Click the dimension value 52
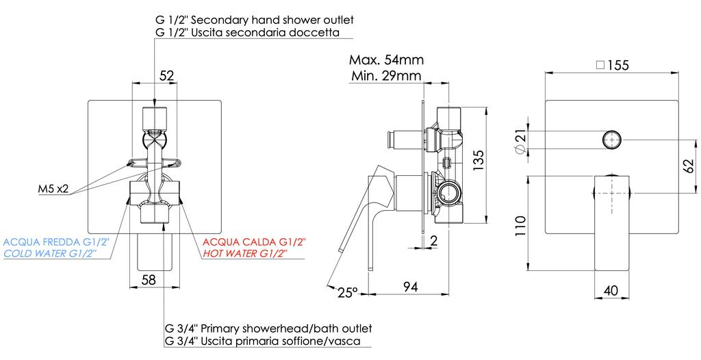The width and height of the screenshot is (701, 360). (x=167, y=76)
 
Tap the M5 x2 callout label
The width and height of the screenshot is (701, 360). (x=53, y=190)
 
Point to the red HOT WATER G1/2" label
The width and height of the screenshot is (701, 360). (x=244, y=253)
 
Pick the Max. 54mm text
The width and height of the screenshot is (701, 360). (x=385, y=60)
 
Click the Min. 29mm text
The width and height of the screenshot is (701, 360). (x=385, y=75)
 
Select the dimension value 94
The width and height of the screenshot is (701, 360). (x=411, y=287)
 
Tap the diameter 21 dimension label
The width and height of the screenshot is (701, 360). (x=521, y=141)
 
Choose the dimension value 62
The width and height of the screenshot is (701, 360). (x=687, y=166)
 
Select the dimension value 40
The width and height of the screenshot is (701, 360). (x=611, y=290)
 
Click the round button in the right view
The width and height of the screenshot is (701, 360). (x=611, y=140)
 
